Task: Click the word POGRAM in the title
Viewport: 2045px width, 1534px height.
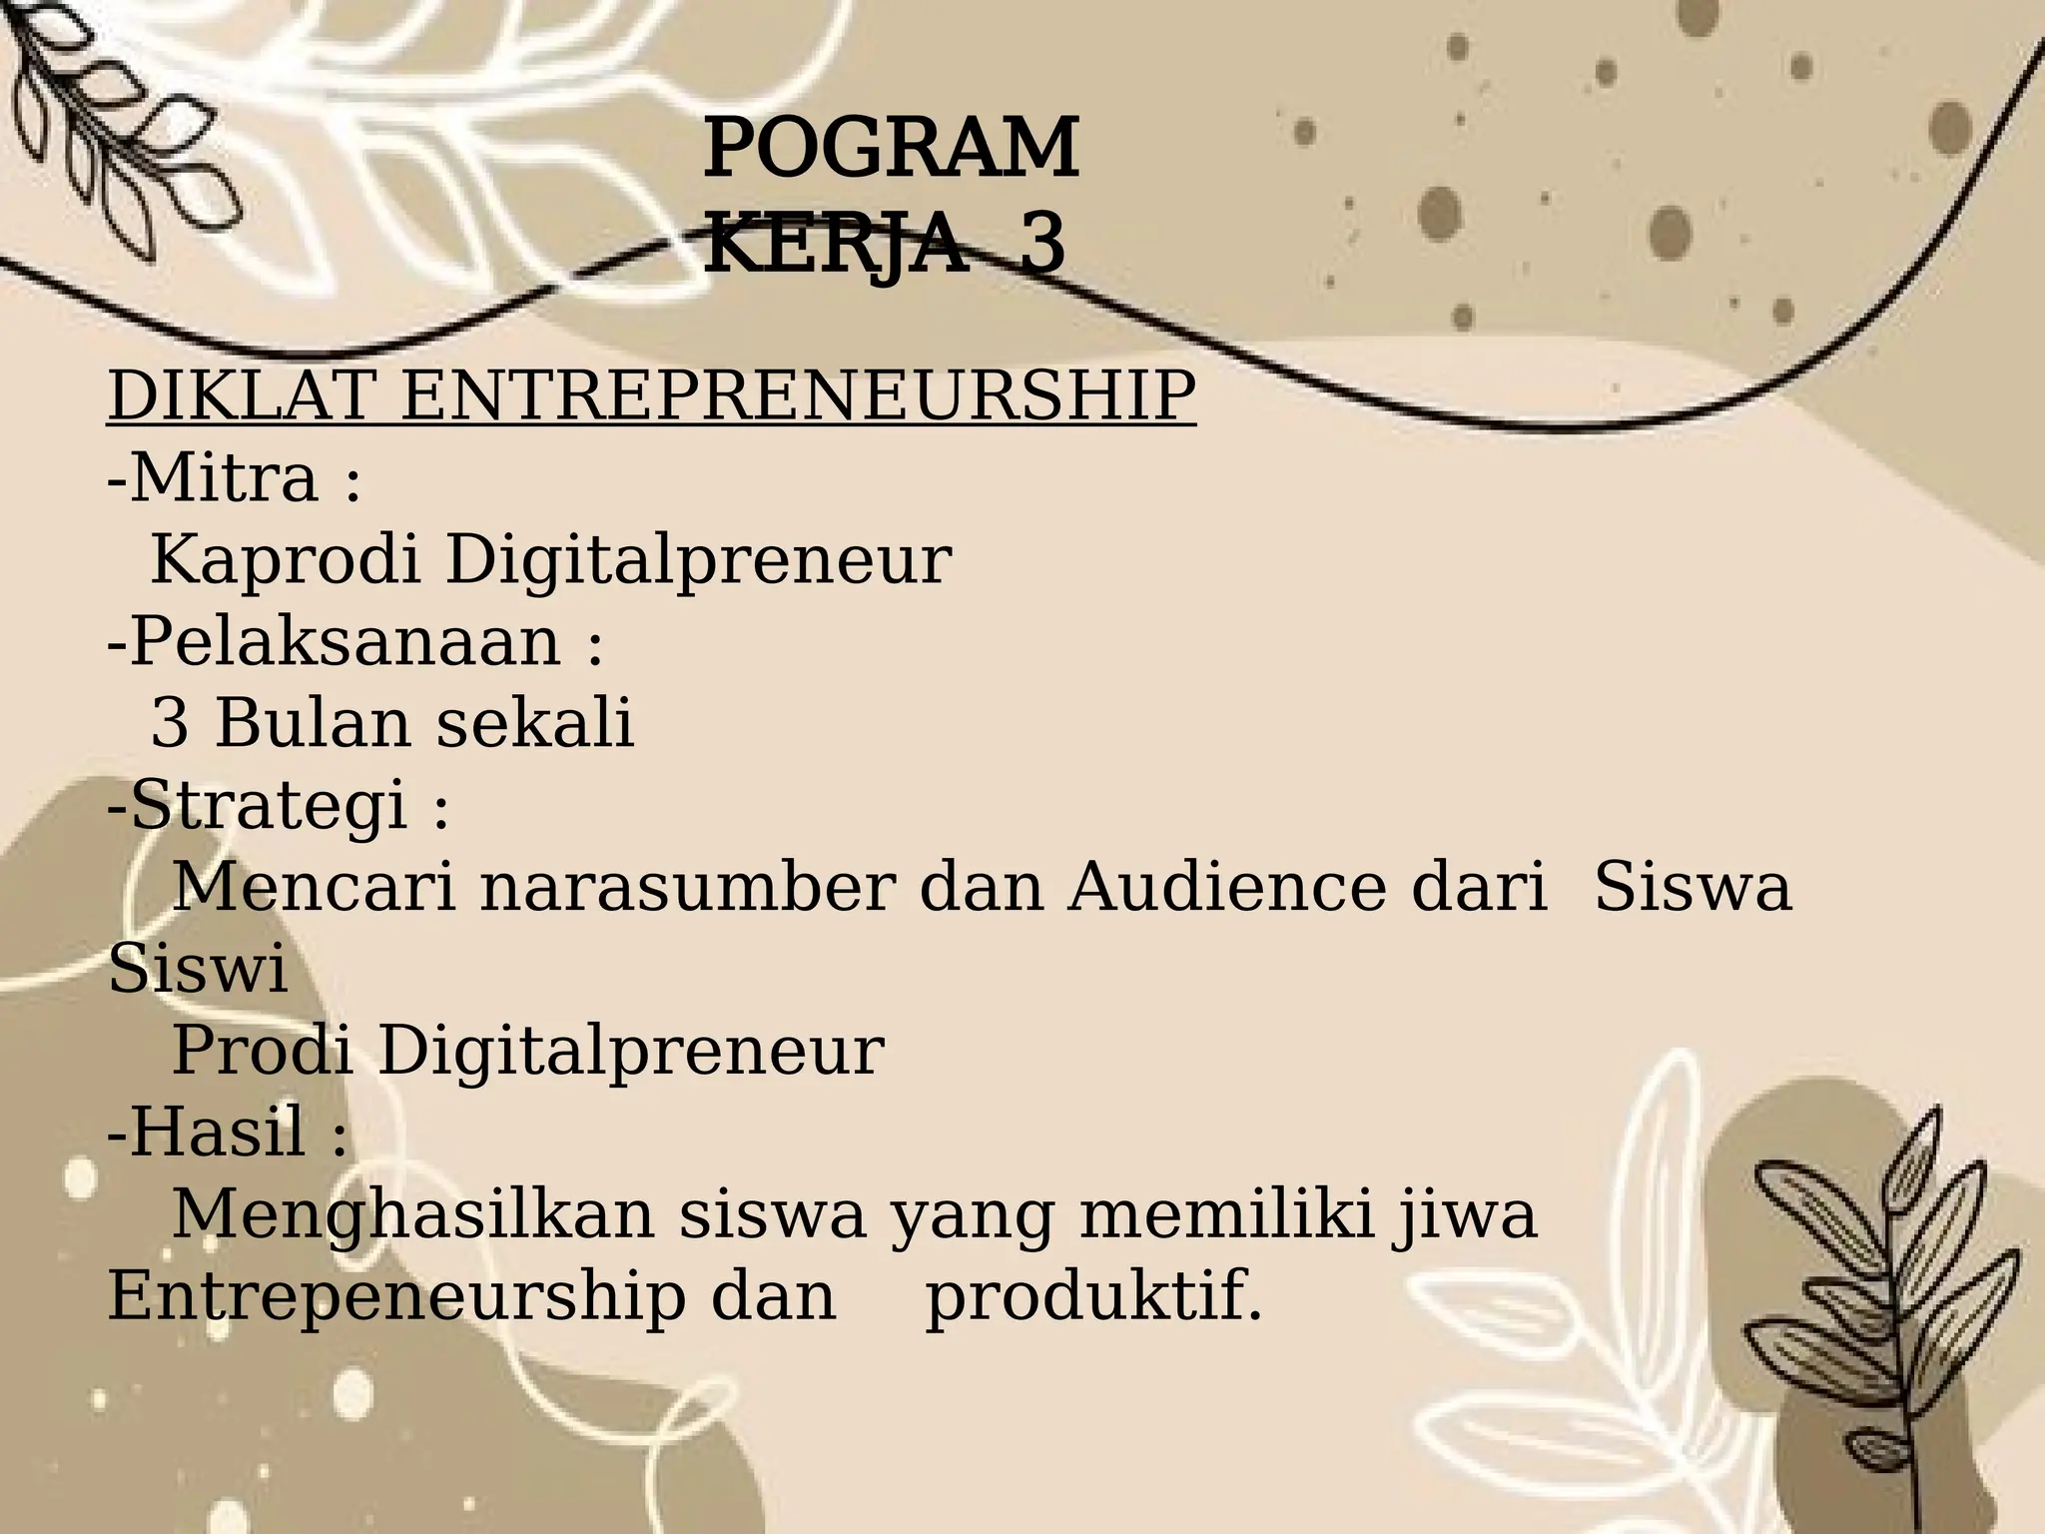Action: tap(891, 150)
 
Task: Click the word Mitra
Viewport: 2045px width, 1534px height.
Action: tap(224, 477)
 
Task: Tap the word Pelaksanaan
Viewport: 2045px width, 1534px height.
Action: tap(344, 641)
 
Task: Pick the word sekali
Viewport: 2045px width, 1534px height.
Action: tap(535, 723)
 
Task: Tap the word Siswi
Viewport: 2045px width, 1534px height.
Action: tap(198, 969)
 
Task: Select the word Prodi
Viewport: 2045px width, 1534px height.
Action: tap(263, 1051)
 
